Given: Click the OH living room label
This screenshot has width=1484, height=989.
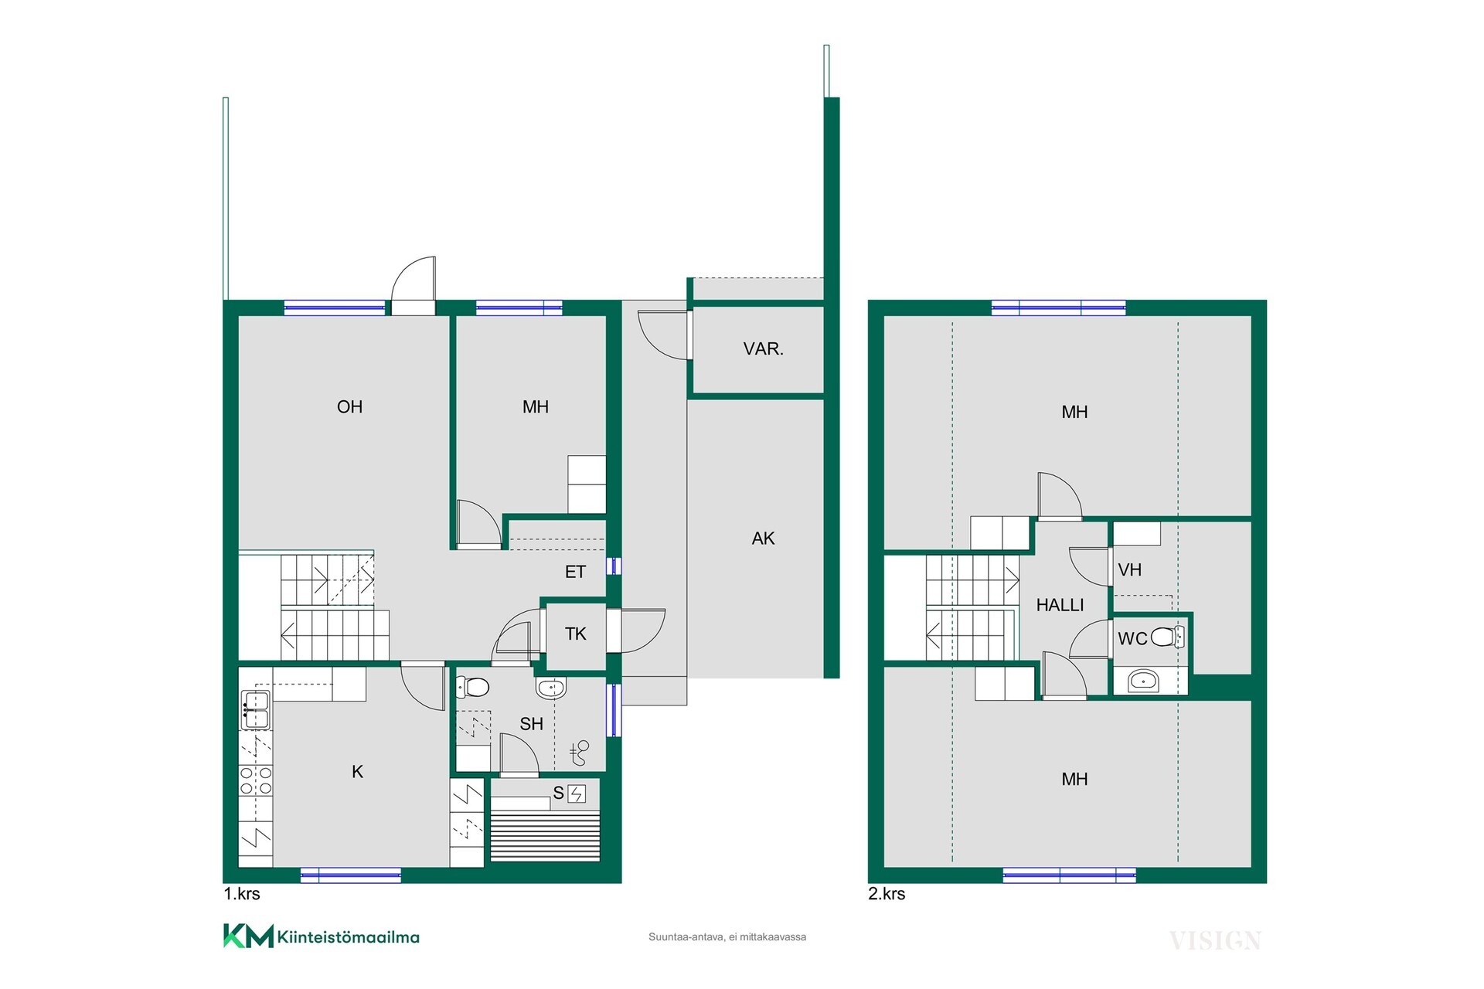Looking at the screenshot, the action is (349, 406).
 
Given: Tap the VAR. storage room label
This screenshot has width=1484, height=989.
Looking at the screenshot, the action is (763, 348).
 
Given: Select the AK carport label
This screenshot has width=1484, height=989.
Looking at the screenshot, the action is (763, 539).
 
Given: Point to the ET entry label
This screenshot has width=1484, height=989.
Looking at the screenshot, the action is (575, 572).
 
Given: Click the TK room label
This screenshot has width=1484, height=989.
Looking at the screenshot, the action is (575, 634).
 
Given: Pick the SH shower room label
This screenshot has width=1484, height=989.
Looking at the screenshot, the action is (531, 724).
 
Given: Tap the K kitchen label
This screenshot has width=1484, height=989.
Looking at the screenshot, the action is (357, 771).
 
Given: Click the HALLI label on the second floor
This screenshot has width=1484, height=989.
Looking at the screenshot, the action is (1060, 605).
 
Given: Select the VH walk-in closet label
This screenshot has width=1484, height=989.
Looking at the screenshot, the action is (1129, 570).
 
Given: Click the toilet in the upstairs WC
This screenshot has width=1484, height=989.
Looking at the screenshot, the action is (1167, 637).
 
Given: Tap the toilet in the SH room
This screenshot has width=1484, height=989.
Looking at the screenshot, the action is (472, 686).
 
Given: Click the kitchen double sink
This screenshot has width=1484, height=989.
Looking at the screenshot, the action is (255, 710).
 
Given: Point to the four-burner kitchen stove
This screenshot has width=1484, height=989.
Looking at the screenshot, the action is (255, 780).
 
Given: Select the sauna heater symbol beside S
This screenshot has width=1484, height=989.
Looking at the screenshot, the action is (577, 794).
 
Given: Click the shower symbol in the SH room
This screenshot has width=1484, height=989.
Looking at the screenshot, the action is (579, 753).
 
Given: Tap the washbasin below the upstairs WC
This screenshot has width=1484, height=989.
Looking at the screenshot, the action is (1143, 681).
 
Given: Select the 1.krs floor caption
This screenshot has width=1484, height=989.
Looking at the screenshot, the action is (242, 894).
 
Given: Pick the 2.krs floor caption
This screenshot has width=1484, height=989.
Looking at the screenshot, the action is (887, 894).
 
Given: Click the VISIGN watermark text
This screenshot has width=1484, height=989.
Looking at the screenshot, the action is (1215, 940).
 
